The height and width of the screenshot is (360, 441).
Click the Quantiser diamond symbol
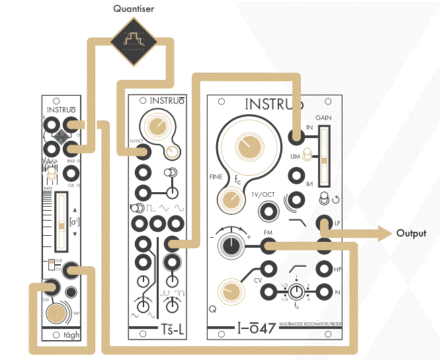pyautogui.click(x=136, y=41)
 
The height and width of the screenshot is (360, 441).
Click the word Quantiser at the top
pyautogui.click(x=136, y=9)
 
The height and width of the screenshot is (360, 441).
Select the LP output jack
pyautogui.click(x=323, y=224)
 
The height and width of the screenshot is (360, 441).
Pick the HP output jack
pyautogui.click(x=323, y=268)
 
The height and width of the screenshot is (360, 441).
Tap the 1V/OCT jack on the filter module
pyautogui.click(x=268, y=211)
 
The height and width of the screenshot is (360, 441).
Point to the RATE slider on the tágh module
pyautogui.click(x=61, y=221)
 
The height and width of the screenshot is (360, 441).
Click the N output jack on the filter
pyautogui.click(x=323, y=291)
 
